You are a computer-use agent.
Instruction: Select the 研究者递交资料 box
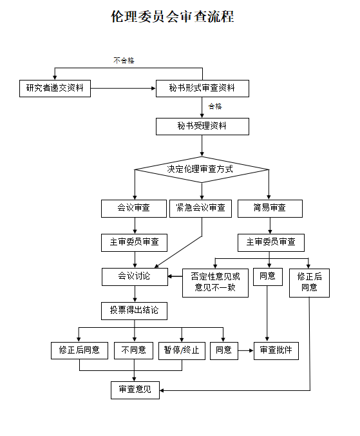click(x=54, y=88)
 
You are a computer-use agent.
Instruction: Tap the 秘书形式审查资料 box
click(x=202, y=88)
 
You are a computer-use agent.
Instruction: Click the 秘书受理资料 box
click(x=202, y=126)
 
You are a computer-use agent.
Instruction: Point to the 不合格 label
click(x=124, y=61)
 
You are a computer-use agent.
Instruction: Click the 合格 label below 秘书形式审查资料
click(x=215, y=106)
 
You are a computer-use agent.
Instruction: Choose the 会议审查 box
click(x=133, y=208)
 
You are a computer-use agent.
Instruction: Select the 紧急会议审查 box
click(x=200, y=208)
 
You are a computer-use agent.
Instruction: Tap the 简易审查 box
click(x=270, y=208)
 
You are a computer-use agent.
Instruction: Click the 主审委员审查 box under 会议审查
click(x=134, y=242)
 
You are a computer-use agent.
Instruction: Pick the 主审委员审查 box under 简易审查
click(x=270, y=242)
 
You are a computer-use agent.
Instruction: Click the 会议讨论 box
click(x=134, y=276)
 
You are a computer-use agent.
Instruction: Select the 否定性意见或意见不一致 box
click(x=215, y=282)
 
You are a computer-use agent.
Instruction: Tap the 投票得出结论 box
click(x=134, y=310)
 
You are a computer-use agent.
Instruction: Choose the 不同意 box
click(x=134, y=350)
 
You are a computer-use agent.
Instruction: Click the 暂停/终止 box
click(x=181, y=350)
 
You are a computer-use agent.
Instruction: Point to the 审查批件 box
click(x=276, y=350)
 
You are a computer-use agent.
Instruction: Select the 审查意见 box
click(x=135, y=390)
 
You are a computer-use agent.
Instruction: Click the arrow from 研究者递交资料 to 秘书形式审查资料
click(x=123, y=88)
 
